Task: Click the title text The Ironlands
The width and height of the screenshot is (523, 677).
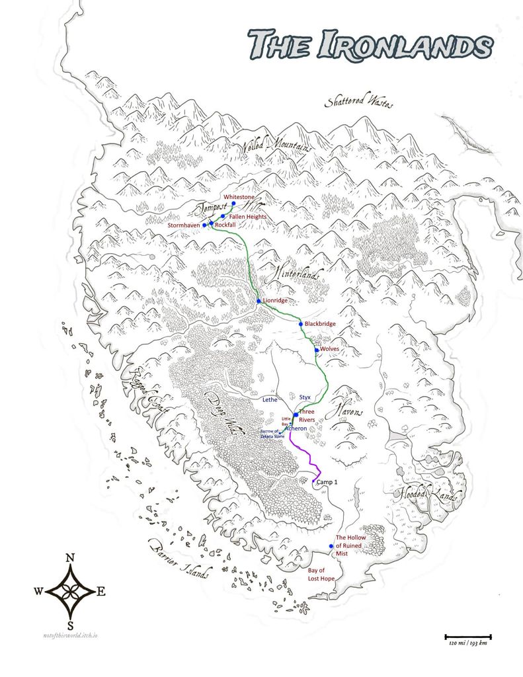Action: tap(370, 45)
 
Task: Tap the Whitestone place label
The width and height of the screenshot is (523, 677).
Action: tap(239, 197)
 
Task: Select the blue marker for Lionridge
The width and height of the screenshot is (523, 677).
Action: tap(259, 301)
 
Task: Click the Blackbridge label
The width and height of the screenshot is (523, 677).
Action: tap(320, 324)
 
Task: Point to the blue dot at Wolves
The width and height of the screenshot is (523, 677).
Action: tap(317, 349)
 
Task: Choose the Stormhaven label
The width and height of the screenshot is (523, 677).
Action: tap(184, 225)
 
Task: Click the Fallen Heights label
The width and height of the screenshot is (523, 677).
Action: tap(248, 216)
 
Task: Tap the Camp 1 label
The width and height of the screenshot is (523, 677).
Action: tap(327, 483)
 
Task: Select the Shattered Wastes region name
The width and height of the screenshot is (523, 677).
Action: tap(359, 103)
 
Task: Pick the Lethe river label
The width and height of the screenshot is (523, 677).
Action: tap(270, 400)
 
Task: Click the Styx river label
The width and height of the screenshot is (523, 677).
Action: tap(305, 397)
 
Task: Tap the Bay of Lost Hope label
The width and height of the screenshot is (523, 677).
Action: tap(321, 574)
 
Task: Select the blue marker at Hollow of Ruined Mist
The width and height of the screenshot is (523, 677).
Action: tap(331, 546)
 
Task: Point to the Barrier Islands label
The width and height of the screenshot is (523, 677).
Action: tap(178, 559)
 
